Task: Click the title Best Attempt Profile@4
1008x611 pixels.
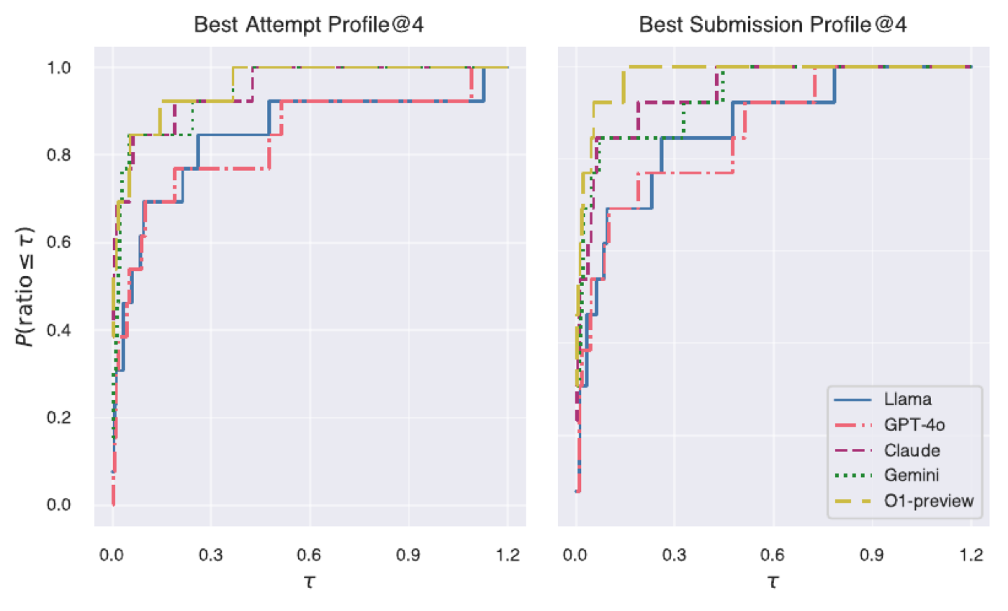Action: click(309, 24)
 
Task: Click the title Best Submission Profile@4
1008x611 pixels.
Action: click(773, 24)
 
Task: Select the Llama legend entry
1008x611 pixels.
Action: click(883, 399)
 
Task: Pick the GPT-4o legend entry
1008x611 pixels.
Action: click(889, 424)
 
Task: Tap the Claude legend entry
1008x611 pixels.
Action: click(887, 450)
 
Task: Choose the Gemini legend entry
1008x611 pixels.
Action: click(886, 475)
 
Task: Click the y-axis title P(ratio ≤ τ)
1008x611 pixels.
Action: click(24, 286)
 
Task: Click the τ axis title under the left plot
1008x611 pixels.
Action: click(309, 582)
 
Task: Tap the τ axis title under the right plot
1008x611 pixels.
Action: click(773, 582)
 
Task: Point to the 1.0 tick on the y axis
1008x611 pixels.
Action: click(59, 68)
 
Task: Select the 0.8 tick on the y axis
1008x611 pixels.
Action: click(59, 156)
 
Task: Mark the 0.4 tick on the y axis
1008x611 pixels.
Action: click(59, 330)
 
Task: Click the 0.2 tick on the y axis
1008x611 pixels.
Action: click(59, 417)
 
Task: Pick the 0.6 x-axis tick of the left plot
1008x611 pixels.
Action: click(309, 555)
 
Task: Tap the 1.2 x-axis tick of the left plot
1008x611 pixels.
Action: click(508, 555)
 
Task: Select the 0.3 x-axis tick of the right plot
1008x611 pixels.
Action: click(674, 555)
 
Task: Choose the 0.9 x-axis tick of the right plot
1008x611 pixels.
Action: click(872, 555)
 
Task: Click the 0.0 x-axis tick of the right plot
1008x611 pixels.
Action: click(575, 555)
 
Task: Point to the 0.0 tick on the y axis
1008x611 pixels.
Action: click(59, 505)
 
